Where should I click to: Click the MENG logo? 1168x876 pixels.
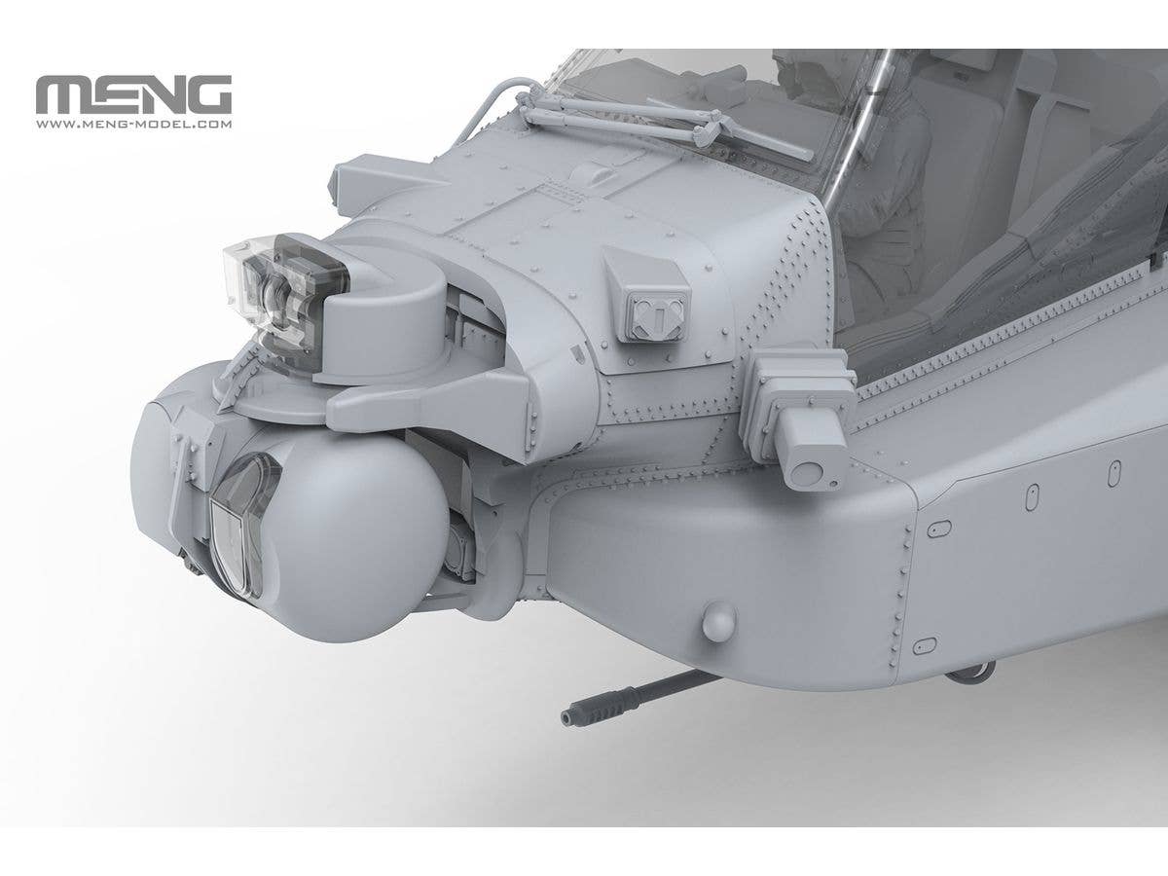tap(133, 94)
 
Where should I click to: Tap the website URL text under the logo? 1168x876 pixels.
tap(133, 125)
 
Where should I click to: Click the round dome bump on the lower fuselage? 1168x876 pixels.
tap(719, 620)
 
